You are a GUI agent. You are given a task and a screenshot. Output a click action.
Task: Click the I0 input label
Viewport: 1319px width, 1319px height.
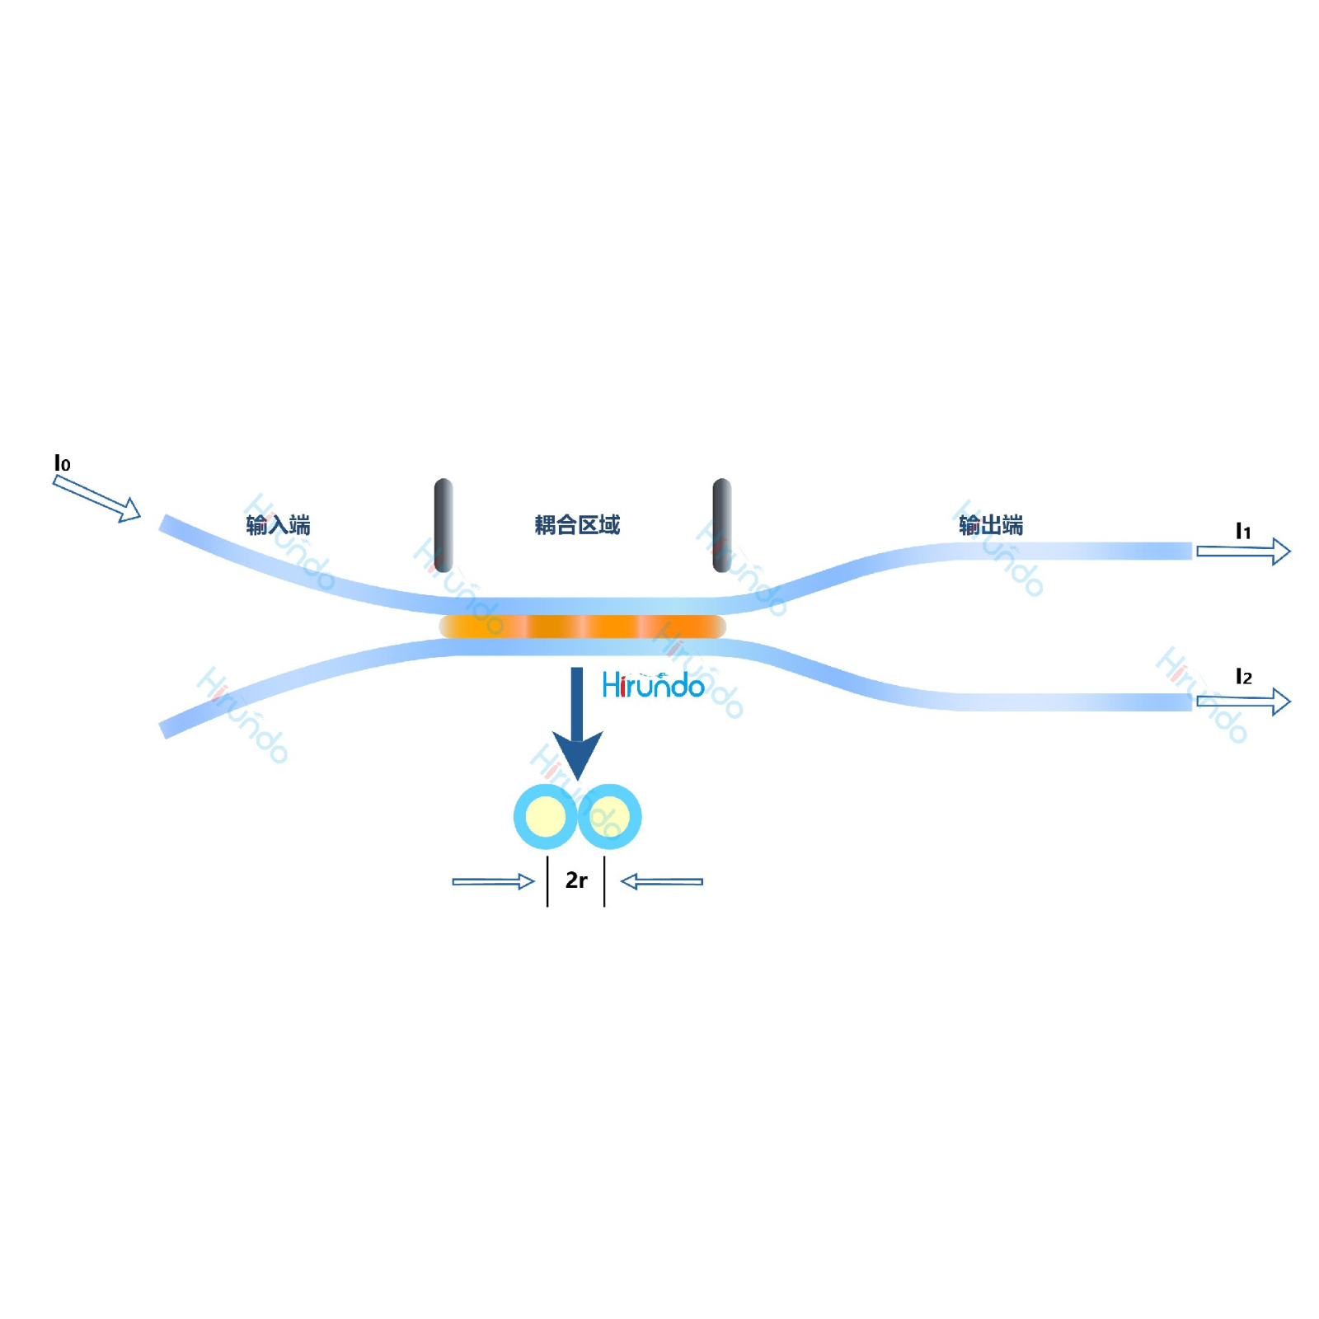point(62,463)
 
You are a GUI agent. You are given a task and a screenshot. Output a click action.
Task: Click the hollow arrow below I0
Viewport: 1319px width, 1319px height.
point(96,499)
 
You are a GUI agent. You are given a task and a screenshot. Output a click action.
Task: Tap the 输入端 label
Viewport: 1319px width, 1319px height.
point(278,524)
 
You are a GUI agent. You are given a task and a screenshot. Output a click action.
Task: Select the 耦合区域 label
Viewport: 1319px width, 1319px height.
point(576,524)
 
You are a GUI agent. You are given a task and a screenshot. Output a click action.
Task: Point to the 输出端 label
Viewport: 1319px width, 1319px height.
point(990,524)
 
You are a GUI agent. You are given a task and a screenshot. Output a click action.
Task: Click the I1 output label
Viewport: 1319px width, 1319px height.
point(1242,532)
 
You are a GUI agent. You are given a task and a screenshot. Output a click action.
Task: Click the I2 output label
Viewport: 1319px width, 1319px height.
point(1243,677)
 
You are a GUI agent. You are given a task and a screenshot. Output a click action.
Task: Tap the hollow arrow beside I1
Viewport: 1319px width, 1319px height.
point(1243,551)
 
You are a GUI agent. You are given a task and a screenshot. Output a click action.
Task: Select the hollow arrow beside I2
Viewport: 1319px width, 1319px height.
point(1243,702)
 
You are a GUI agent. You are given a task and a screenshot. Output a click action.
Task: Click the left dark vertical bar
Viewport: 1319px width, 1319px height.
point(444,524)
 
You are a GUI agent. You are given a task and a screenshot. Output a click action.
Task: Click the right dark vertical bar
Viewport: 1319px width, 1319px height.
point(721,524)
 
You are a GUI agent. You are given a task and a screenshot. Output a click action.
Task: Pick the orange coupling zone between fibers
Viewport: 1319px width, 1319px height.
point(582,627)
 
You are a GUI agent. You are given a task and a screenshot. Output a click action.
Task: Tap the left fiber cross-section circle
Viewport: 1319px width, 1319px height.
point(545,817)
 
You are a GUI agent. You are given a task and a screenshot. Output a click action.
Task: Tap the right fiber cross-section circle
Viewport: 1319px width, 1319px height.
point(610,817)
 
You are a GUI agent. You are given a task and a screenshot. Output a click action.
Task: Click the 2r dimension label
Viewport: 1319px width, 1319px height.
point(576,880)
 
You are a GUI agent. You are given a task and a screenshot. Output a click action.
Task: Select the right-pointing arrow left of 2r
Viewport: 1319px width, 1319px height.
point(493,881)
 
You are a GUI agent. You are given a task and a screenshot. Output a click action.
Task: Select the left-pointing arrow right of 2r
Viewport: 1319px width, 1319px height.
point(661,881)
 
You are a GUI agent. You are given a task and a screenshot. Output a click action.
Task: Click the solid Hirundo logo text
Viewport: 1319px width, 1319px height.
point(653,685)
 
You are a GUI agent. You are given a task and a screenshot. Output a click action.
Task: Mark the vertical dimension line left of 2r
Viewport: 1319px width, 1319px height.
point(547,881)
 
